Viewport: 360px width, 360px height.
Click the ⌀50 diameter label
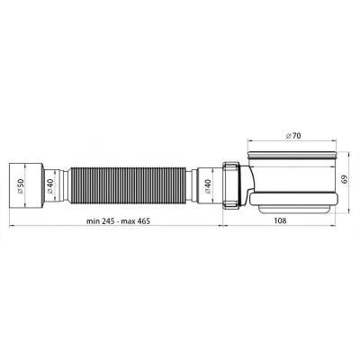[x=20, y=186]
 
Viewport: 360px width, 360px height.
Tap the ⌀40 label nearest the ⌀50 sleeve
[x=49, y=186]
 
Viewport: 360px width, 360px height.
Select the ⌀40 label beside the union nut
[x=207, y=186]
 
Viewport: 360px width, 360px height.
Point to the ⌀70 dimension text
[x=292, y=136]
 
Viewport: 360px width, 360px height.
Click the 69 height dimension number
[x=345, y=179]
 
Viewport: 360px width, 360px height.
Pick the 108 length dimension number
[x=280, y=220]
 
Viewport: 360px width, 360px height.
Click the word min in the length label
[x=93, y=221]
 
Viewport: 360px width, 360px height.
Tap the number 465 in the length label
[x=144, y=221]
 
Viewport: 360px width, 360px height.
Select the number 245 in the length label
[x=107, y=221]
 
